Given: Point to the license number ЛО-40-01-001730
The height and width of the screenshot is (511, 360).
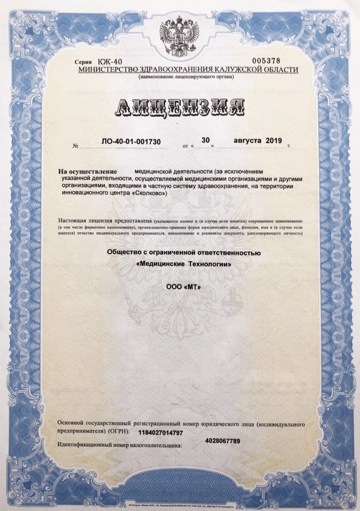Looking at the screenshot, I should tap(131, 142).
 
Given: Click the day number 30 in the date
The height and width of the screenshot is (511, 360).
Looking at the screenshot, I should tap(205, 140).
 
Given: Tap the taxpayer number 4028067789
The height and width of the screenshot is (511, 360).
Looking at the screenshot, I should tap(222, 440).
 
